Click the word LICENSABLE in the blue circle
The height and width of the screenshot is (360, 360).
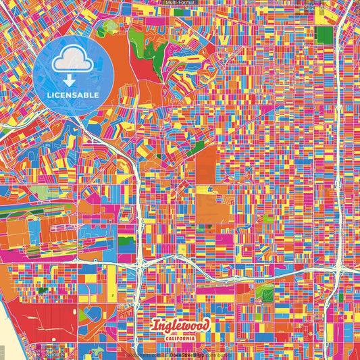[73, 95]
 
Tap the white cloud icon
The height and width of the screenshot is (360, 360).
[73, 62]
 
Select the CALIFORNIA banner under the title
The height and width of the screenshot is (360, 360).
[180, 338]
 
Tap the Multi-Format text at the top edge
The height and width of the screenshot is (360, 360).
[180, 3]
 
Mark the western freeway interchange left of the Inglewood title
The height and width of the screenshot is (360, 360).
[140, 260]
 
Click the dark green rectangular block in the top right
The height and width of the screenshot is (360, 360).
[324, 35]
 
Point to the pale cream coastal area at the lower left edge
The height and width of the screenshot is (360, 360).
[5, 338]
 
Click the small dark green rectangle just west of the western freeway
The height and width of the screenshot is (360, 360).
[126, 240]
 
